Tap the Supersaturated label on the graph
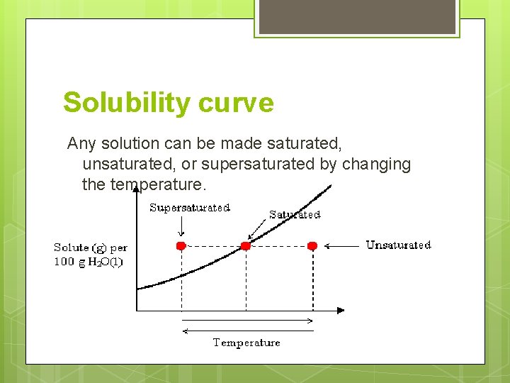(x=190, y=208)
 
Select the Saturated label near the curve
(x=295, y=214)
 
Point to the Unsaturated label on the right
(x=398, y=245)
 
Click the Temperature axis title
(x=246, y=343)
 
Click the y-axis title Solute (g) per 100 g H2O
(x=90, y=255)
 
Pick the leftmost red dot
(x=181, y=245)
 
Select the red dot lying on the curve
(x=246, y=245)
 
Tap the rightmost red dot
(x=312, y=245)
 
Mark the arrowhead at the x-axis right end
(x=341, y=310)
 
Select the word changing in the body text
(x=376, y=165)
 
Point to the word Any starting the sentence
(x=81, y=144)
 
